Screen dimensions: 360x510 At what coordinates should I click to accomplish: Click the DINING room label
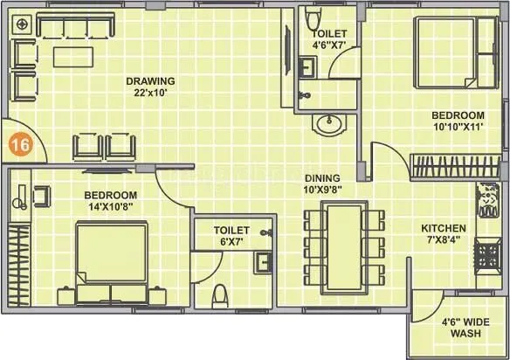[322, 175]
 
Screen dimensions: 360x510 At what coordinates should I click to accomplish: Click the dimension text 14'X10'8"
[110, 206]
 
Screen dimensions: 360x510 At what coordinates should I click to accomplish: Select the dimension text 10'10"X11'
[458, 128]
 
